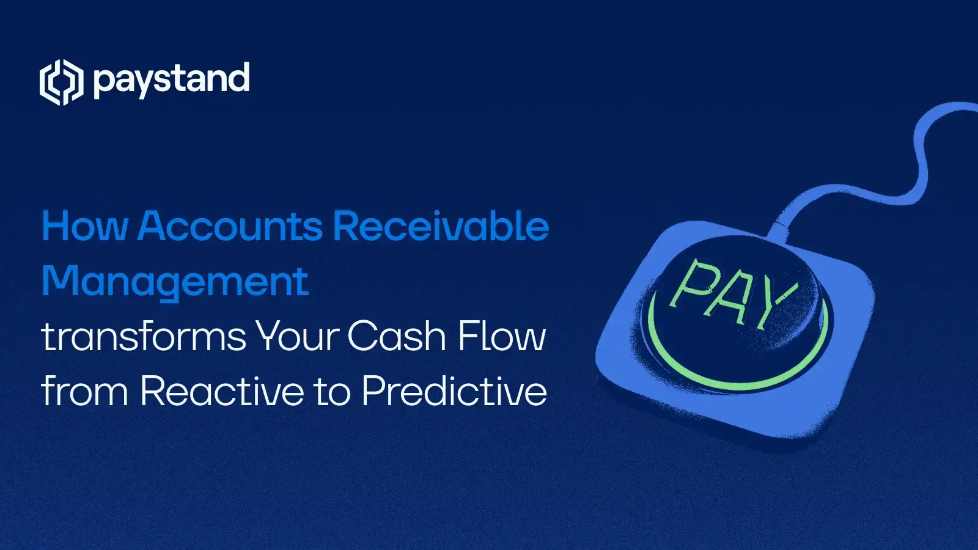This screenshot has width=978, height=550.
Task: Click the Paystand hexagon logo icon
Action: coord(61,82)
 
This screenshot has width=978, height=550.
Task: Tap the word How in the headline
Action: coord(85,227)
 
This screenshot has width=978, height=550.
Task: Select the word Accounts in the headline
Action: coord(230,227)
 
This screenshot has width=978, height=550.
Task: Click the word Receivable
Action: coord(441,227)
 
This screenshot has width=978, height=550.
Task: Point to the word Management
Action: coord(175,282)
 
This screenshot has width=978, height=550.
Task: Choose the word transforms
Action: coord(144,337)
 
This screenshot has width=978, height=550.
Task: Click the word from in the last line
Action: coord(84,392)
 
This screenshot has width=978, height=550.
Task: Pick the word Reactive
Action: coord(222,392)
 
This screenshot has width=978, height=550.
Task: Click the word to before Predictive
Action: coord(332,392)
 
